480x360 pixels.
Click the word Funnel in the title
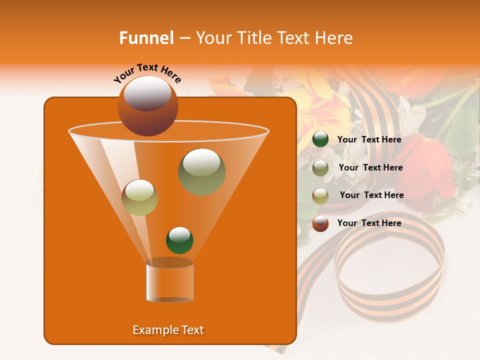click(146, 38)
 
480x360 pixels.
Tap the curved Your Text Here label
click(147, 73)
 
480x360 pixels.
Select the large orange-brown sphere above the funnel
click(147, 106)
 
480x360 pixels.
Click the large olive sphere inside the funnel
click(201, 172)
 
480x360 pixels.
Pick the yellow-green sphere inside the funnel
click(139, 197)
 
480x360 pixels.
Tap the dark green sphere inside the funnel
click(179, 240)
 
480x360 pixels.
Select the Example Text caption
click(168, 330)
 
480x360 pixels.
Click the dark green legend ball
click(320, 139)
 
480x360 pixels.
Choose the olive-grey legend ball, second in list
click(320, 167)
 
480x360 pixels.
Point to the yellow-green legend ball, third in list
click(320, 195)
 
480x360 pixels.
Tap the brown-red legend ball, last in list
click(320, 223)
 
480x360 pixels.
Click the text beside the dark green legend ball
click(369, 139)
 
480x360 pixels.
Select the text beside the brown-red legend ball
click(369, 223)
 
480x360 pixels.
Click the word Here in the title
click(335, 38)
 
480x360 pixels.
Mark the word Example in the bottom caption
click(154, 330)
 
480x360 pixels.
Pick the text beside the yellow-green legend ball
click(371, 195)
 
